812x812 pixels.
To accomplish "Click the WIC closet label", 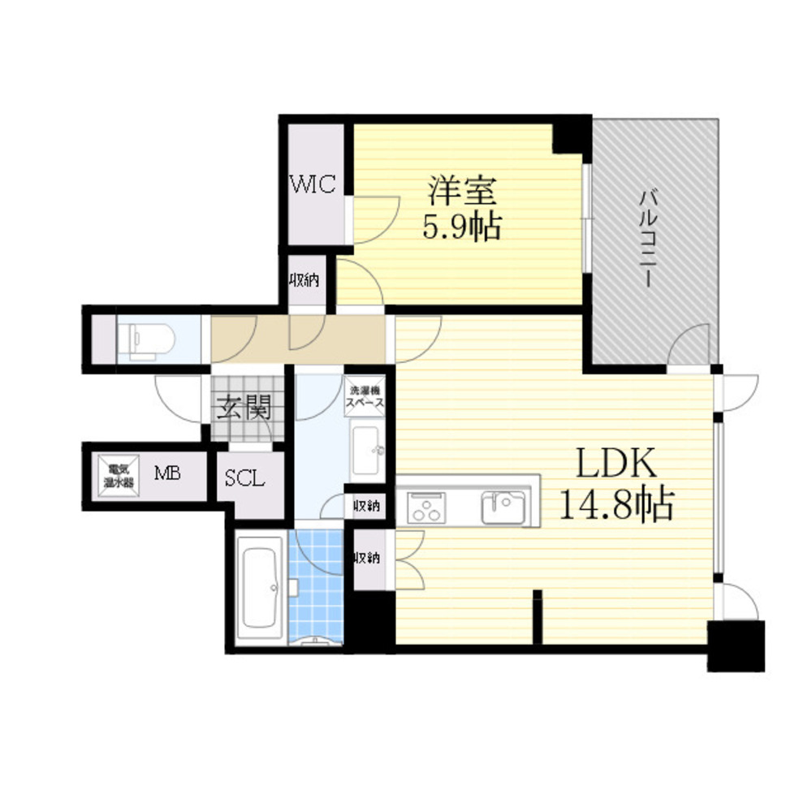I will [x=313, y=184].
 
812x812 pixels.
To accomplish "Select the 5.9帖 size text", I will [x=460, y=227].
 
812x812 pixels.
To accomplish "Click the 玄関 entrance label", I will [x=242, y=407].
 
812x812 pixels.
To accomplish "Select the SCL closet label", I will [x=244, y=478].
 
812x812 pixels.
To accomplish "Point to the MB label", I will [x=168, y=473].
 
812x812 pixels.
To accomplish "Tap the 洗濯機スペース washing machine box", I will [x=365, y=395].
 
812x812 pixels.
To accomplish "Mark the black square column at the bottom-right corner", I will [x=736, y=646].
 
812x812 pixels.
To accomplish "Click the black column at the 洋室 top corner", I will [x=572, y=135].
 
